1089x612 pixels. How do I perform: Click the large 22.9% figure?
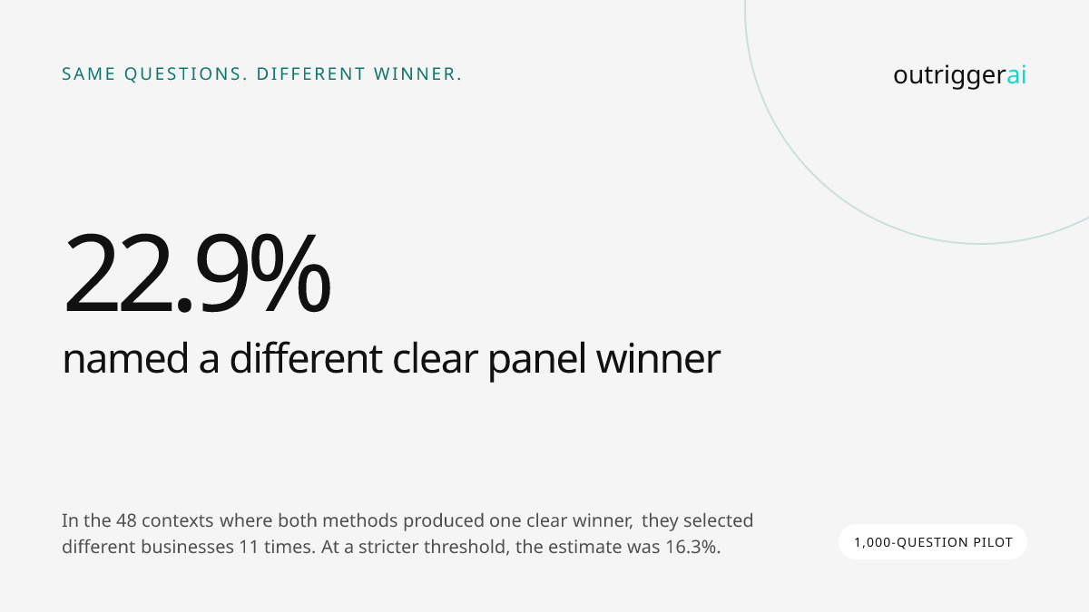tap(197, 273)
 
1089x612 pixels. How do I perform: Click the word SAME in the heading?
tap(89, 74)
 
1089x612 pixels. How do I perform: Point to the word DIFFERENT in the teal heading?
tap(310, 74)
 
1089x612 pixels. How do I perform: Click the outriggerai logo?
tap(960, 76)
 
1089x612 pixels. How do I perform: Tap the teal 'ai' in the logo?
tap(1016, 74)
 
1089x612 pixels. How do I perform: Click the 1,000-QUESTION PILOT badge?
tap(933, 542)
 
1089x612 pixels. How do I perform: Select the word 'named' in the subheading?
tap(125, 358)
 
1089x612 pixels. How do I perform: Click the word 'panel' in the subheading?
tap(536, 360)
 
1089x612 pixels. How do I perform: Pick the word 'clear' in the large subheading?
tap(435, 357)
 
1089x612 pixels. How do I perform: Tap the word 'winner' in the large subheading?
tap(658, 358)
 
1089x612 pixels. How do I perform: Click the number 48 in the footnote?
tap(126, 520)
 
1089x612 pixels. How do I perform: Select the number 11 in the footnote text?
tap(249, 547)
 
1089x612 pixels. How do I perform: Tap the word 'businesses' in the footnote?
tap(188, 547)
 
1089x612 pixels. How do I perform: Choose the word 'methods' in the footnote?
tap(359, 520)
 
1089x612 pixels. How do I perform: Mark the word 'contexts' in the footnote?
tap(178, 520)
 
